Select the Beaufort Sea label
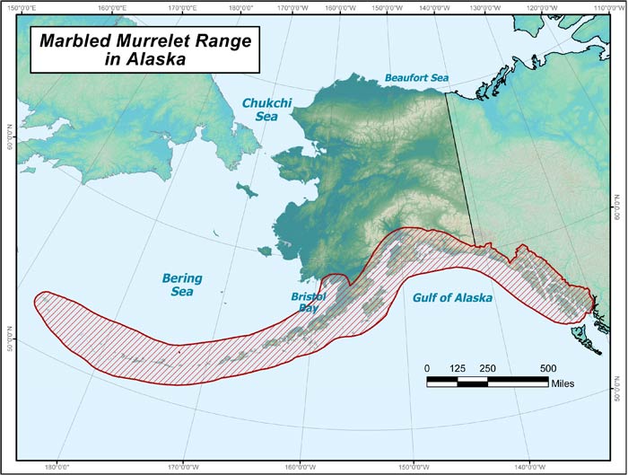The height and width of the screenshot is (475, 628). click(x=416, y=78)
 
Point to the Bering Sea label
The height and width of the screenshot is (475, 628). click(x=182, y=285)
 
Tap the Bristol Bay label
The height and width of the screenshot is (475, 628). click(x=308, y=301)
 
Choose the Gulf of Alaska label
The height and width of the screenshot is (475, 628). click(x=452, y=298)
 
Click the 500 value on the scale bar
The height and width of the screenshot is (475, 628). click(x=548, y=368)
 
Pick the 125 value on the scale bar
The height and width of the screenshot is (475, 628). click(x=458, y=368)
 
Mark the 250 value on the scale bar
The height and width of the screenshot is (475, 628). click(x=488, y=368)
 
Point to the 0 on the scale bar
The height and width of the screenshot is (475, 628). click(x=428, y=368)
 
